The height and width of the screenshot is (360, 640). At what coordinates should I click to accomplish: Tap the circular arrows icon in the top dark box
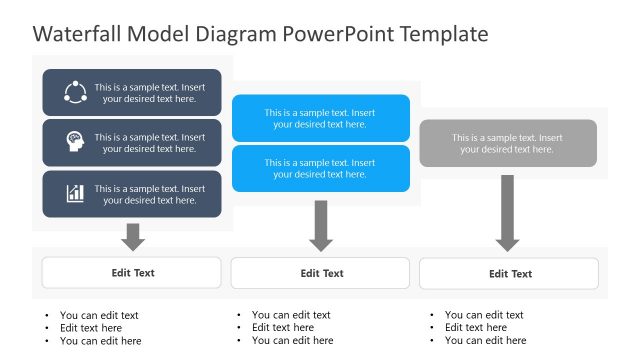point(75,93)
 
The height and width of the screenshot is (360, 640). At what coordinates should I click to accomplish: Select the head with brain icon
point(75,143)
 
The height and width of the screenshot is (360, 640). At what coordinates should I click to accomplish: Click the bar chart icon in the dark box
point(75,193)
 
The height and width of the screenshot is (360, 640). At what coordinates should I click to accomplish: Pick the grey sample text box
point(507,143)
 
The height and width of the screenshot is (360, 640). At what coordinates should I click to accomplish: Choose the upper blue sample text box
point(320,118)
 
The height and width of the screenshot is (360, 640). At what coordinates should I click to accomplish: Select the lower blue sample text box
point(320,168)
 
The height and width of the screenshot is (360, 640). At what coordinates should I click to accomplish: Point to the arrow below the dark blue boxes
point(132,236)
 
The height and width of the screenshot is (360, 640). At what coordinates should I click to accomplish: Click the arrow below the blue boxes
point(320,226)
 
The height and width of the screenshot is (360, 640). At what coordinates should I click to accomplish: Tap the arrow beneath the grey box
point(507,214)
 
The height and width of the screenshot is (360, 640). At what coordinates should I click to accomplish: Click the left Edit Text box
point(132,272)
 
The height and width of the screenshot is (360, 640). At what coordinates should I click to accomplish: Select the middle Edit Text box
point(320,273)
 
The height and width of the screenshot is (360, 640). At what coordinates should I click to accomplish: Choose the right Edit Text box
point(509,273)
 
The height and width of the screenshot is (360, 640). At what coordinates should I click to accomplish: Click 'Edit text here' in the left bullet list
point(91,328)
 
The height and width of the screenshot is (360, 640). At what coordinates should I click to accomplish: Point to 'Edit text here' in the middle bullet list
point(283,328)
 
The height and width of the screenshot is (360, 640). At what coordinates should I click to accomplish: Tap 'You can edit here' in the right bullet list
point(486,341)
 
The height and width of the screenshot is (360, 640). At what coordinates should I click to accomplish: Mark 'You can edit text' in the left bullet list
point(99,315)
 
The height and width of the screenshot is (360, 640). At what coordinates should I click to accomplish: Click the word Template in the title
point(443,34)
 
